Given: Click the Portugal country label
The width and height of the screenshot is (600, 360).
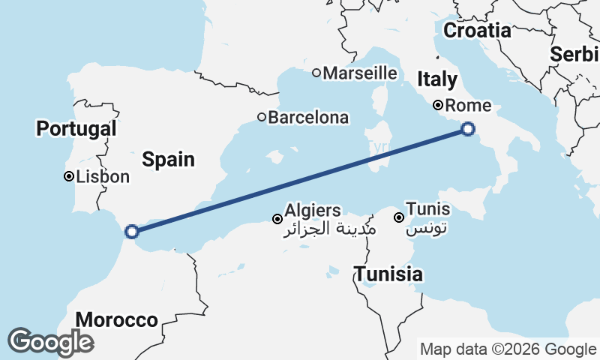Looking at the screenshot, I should [76, 128].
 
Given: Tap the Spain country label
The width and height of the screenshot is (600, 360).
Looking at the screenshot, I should [168, 159].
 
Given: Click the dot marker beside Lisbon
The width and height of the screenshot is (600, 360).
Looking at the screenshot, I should [68, 177].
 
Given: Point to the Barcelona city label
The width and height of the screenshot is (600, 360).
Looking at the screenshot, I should [308, 118].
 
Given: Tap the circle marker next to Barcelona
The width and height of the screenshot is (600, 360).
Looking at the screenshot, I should [262, 117].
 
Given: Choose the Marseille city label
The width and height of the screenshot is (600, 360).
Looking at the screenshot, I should [360, 73].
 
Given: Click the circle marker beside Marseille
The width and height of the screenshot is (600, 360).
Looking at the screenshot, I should [316, 73].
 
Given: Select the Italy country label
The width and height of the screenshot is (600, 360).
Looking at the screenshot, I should [436, 79].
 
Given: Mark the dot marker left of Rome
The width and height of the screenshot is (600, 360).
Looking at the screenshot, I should [438, 106].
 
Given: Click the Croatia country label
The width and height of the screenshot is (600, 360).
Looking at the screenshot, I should [477, 31].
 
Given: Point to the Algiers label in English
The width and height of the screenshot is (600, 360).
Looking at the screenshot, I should [312, 211].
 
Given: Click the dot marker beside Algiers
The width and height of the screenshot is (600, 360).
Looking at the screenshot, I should [277, 219].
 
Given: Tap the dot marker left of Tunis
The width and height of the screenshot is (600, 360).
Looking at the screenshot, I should [399, 217].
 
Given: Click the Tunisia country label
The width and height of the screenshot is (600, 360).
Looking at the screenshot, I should [388, 274].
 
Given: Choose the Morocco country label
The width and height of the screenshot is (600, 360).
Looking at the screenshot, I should [116, 320].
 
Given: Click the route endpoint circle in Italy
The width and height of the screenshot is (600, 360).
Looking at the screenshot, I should [468, 129].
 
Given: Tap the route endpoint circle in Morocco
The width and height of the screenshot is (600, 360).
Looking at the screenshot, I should [132, 232].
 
